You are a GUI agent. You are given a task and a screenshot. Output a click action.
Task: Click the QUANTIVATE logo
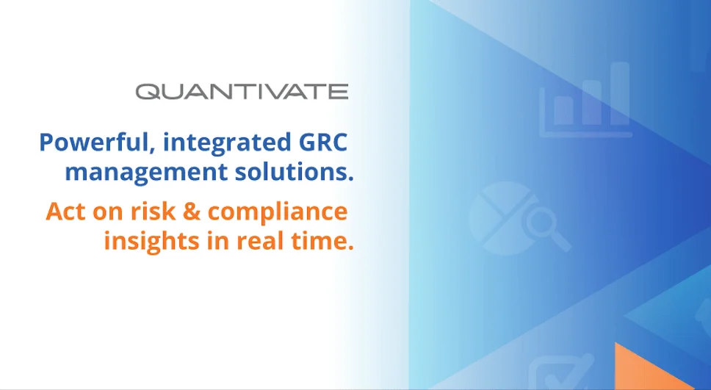pos(242,91)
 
